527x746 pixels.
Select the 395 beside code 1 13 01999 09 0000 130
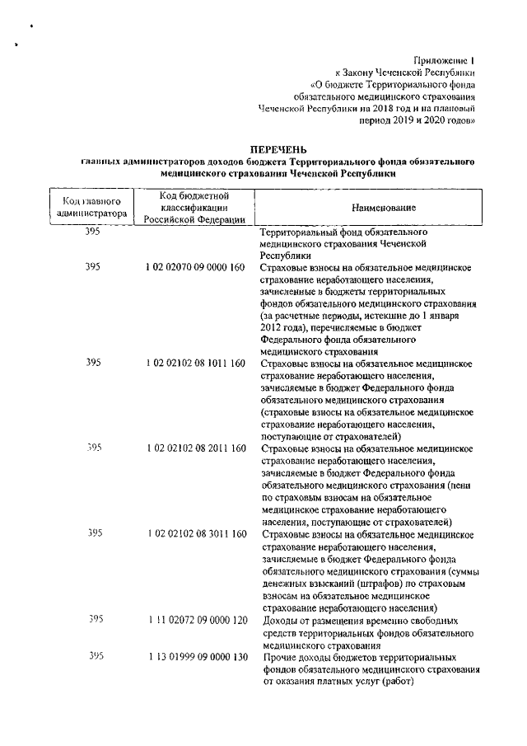point(96,656)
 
